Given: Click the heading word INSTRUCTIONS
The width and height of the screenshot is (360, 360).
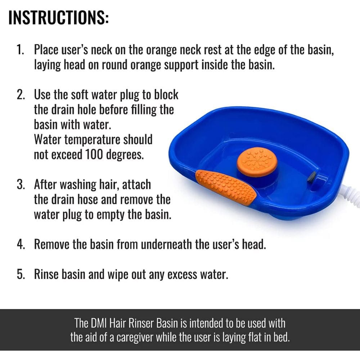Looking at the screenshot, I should [58, 18].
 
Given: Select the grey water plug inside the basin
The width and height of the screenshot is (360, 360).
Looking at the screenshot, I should [312, 176].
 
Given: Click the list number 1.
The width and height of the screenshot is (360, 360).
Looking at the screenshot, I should [20, 50].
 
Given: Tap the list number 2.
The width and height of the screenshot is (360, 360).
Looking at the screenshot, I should [21, 95].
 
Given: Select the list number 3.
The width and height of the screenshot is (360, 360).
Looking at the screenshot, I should [21, 185].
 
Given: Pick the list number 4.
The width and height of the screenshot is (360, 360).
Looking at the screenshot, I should [21, 244].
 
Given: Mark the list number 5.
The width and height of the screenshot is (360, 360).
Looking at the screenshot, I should [21, 274].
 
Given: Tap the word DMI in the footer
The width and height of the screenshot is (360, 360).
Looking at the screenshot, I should [104, 322].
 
